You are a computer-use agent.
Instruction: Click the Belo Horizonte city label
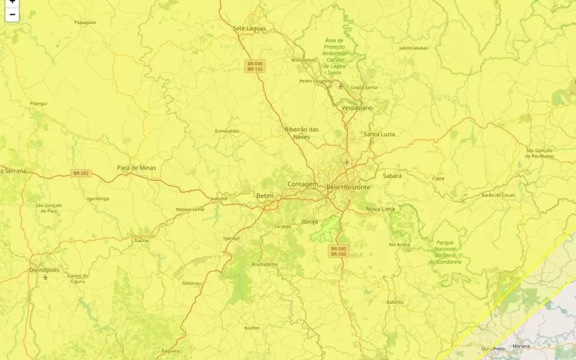348,187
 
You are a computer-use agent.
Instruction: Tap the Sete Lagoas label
249,28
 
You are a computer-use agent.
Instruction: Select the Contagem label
302,184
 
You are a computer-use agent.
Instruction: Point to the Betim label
265,195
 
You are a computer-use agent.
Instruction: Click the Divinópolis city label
44,270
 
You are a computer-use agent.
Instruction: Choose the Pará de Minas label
136,167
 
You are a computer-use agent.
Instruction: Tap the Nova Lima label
380,208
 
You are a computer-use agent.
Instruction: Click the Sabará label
392,176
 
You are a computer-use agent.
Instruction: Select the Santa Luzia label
379,134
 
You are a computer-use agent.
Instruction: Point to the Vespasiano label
357,108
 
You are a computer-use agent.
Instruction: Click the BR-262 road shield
81,173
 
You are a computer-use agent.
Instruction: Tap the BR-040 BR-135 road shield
255,67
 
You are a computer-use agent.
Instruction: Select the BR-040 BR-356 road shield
339,252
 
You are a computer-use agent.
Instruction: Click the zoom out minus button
12,14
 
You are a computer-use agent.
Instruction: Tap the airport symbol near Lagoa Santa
340,86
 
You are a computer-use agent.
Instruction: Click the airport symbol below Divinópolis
45,278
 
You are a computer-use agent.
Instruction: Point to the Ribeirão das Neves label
302,133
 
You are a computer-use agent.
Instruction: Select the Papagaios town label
85,22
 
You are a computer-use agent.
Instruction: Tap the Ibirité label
310,221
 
